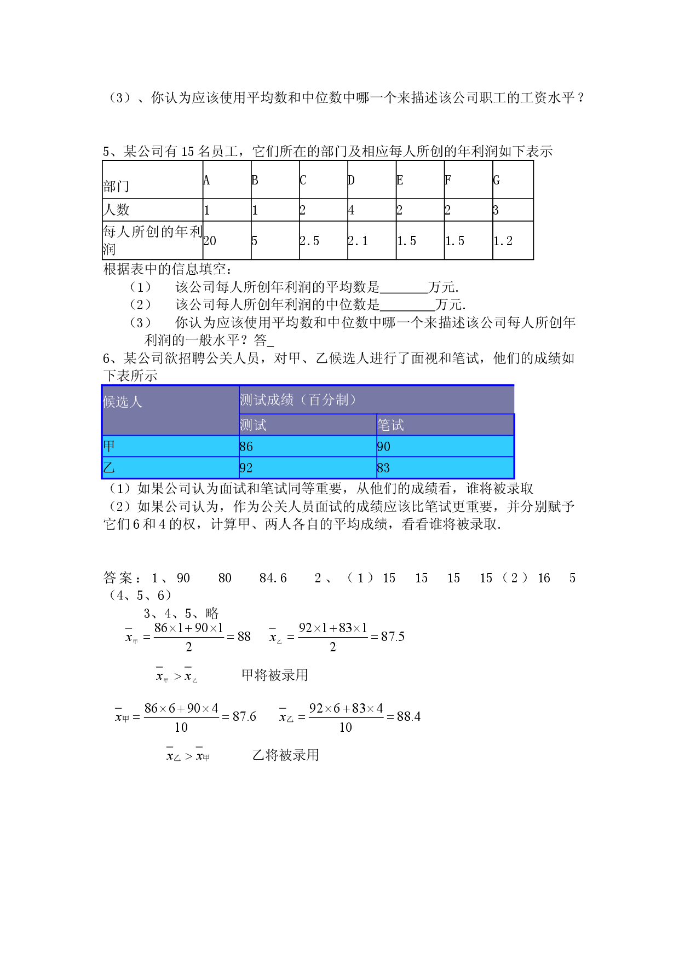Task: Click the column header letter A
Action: tap(206, 181)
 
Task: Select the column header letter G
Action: tap(496, 181)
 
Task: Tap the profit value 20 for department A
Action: tap(210, 241)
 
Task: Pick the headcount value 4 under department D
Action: tap(351, 210)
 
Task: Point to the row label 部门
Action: tap(116, 187)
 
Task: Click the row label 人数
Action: tap(116, 210)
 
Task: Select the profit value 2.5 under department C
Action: tap(309, 241)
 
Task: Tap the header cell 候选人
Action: tap(123, 402)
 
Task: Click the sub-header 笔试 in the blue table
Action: tap(390, 425)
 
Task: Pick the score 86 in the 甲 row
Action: tap(246, 447)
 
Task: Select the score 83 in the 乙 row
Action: tap(383, 468)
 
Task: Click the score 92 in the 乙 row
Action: tap(246, 468)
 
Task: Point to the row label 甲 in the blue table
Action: tap(109, 446)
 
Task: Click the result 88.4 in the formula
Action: tap(408, 716)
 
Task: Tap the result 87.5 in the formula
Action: tap(393, 637)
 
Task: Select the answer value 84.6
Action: tap(273, 578)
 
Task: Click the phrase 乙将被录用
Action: tap(285, 755)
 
